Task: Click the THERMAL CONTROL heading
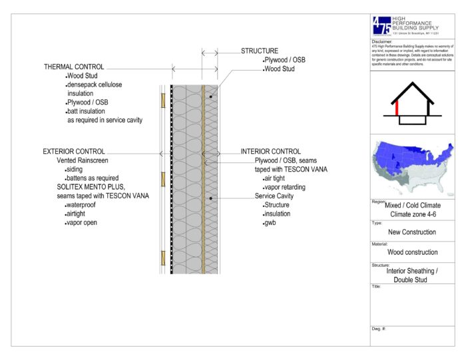point(74,67)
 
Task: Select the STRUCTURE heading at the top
point(260,51)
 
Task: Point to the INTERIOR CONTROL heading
point(271,152)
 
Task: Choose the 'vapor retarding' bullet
point(285,188)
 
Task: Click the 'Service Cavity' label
point(274,196)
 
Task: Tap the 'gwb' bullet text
point(269,223)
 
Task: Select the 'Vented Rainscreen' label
point(82,161)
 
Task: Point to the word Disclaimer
point(383,41)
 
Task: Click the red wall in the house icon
point(398,110)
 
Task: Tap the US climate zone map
point(413,165)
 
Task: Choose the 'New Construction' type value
point(413,232)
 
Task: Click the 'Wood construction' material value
point(413,252)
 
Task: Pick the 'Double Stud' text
point(413,279)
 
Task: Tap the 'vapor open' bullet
point(82,223)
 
